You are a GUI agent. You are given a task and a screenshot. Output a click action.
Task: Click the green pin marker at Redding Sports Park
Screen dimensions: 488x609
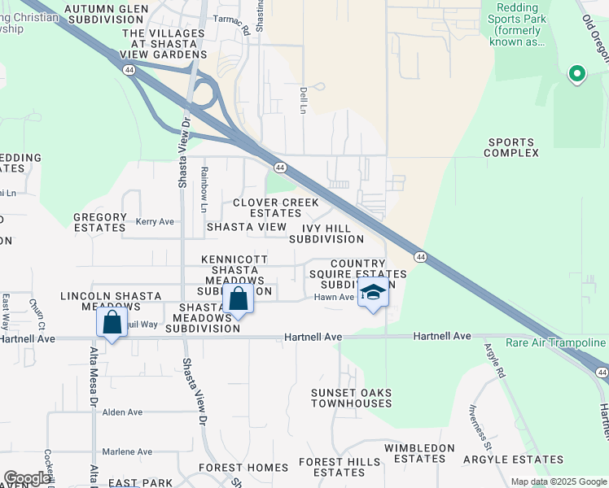tap(576, 75)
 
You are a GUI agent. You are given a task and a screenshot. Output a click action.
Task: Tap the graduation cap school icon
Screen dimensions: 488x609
tap(373, 294)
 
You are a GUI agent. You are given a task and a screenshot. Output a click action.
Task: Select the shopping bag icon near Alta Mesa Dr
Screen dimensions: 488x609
tap(112, 323)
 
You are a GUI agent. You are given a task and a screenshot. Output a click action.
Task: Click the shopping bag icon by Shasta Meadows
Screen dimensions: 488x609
tap(239, 298)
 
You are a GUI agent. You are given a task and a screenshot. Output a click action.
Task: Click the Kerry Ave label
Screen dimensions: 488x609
tap(155, 221)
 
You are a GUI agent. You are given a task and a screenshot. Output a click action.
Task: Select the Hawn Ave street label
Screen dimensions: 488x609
tap(334, 297)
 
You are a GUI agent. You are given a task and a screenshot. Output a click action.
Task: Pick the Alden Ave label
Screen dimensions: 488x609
tap(122, 412)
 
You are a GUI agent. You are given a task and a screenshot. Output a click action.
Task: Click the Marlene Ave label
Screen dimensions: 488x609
tap(127, 451)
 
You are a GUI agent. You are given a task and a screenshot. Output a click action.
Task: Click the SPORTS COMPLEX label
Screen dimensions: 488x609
tap(512, 147)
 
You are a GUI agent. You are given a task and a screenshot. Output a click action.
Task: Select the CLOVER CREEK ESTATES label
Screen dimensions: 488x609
tap(275, 207)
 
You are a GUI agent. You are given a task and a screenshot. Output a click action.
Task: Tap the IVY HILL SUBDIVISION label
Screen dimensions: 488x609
tap(326, 233)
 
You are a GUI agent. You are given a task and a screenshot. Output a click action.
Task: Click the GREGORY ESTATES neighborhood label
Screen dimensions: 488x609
tap(100, 223)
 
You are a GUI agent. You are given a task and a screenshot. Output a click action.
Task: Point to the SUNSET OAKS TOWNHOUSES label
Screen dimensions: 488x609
tap(351, 398)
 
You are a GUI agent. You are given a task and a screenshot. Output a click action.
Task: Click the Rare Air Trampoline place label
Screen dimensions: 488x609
tap(556, 343)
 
